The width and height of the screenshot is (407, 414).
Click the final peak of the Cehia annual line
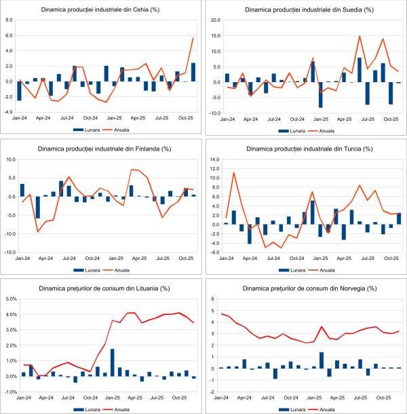(x=193, y=37)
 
